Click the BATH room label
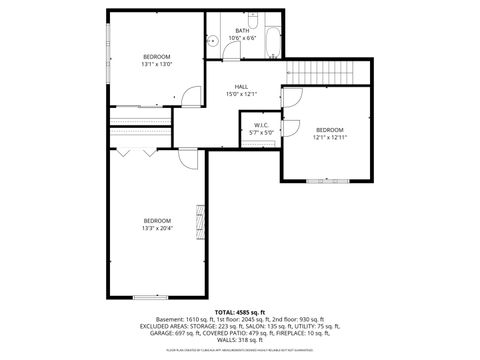(x=242, y=31)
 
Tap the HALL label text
(x=241, y=87)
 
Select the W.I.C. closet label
(x=260, y=125)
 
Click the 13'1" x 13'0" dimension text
(x=157, y=63)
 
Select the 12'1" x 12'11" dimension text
(x=330, y=138)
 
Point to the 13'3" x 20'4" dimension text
(x=157, y=228)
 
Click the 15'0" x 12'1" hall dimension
(x=241, y=95)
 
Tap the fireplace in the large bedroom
(x=200, y=222)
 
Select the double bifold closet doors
(x=134, y=153)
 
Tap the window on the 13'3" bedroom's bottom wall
(x=150, y=297)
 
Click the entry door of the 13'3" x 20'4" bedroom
(x=188, y=156)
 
